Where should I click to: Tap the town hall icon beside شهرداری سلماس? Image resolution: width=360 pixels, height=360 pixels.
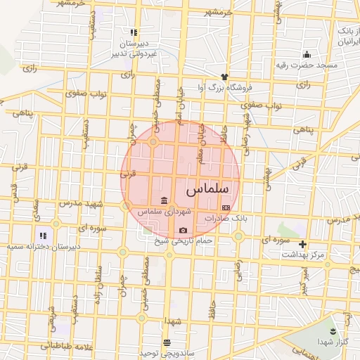[x=164, y=199]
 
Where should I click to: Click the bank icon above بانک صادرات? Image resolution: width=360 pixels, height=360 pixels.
[x=226, y=208]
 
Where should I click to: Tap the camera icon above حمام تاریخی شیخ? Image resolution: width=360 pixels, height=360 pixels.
[x=183, y=231]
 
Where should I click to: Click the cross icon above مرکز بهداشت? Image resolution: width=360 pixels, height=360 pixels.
[x=302, y=245]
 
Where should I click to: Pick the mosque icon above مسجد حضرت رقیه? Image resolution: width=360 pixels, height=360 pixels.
[x=307, y=54]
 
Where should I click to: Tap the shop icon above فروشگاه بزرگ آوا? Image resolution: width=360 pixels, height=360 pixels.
[x=224, y=76]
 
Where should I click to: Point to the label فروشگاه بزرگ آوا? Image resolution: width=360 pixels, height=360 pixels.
[x=223, y=87]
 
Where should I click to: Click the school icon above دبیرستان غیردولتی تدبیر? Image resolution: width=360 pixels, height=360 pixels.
[x=133, y=32]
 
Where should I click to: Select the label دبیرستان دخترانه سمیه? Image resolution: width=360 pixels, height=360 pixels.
[x=49, y=247]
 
